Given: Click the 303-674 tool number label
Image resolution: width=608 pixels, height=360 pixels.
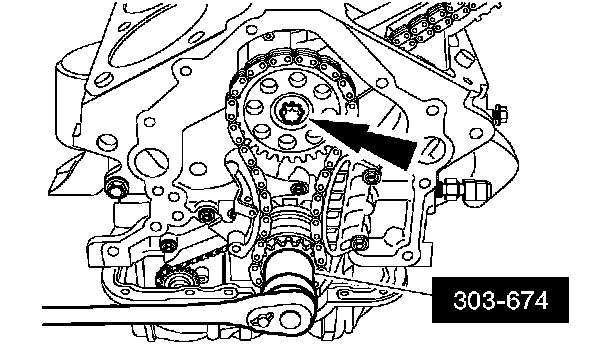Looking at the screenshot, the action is [x=500, y=300].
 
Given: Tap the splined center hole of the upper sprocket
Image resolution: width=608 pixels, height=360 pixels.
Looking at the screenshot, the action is [x=291, y=112].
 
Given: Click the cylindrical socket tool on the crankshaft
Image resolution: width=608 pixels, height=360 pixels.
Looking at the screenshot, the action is [x=288, y=274].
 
